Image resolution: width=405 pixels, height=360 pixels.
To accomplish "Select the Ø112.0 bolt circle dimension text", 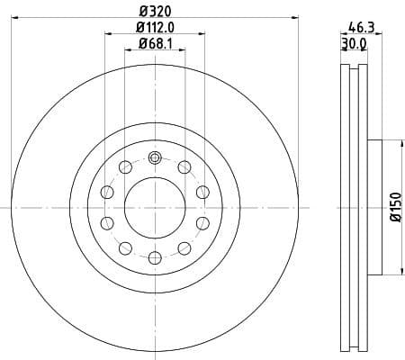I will [x=155, y=28].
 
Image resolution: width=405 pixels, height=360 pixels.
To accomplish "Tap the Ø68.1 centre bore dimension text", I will [x=155, y=46].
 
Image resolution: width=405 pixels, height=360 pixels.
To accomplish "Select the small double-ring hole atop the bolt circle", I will [x=154, y=158].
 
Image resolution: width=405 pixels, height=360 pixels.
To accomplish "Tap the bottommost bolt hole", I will [x=154, y=257].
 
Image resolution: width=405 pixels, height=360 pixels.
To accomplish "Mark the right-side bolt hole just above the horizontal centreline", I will [x=202, y=191].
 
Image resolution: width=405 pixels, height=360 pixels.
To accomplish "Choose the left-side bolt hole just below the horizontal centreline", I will [x=106, y=222].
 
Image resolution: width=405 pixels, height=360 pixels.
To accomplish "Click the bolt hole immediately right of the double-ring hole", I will [x=184, y=166].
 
